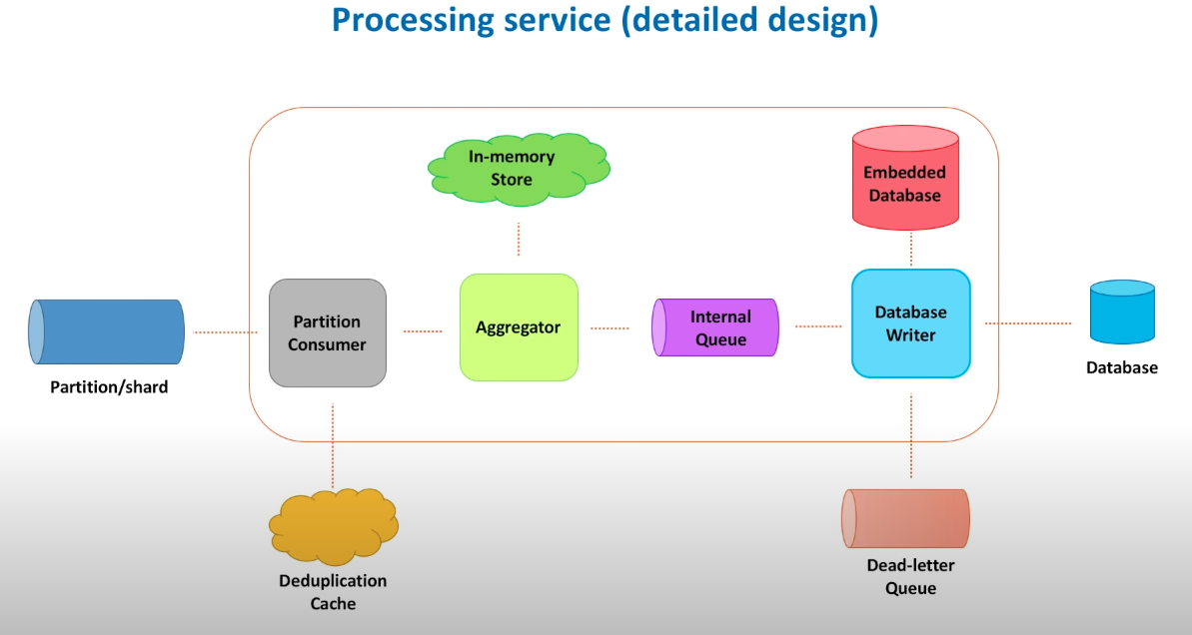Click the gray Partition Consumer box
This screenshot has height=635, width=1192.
(328, 332)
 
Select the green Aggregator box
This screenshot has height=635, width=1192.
(519, 327)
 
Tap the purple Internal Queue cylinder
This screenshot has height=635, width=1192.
(714, 327)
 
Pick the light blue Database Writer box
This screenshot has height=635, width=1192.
(910, 323)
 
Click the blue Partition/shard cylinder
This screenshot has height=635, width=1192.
(107, 331)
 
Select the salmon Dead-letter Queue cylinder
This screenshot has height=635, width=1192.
(905, 518)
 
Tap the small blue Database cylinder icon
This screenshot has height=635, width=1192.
(1122, 313)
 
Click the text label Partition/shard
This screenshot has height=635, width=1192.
(109, 386)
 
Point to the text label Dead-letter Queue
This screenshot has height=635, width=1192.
(910, 577)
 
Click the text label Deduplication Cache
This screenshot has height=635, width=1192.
(333, 592)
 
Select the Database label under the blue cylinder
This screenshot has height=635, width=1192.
(1122, 367)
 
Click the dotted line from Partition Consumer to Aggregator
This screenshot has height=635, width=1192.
(423, 330)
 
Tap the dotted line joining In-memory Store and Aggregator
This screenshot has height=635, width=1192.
(519, 239)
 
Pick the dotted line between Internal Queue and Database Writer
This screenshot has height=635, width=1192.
(818, 325)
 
